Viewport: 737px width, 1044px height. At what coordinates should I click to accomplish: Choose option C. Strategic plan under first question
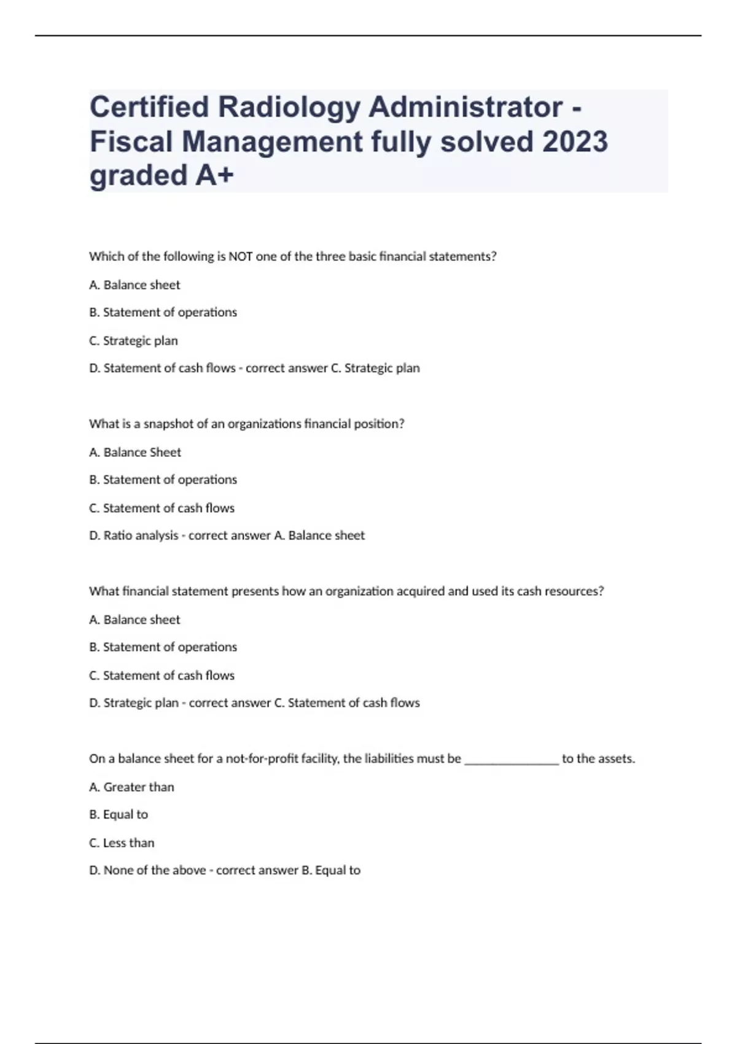(x=133, y=340)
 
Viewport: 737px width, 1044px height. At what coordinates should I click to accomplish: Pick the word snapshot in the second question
(x=168, y=424)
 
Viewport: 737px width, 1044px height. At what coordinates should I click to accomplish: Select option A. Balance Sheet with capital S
(x=135, y=452)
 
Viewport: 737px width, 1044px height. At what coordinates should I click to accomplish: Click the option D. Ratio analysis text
(x=133, y=536)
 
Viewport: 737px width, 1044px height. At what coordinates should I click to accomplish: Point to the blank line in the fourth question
(x=512, y=759)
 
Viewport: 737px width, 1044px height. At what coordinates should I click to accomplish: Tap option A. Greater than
(x=131, y=787)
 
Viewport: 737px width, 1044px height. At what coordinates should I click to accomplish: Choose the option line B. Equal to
(x=119, y=814)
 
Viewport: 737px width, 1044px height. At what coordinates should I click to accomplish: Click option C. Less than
(x=122, y=843)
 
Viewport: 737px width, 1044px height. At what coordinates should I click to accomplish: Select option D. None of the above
(x=147, y=870)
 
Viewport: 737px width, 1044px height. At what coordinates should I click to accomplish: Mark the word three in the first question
(x=330, y=256)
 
